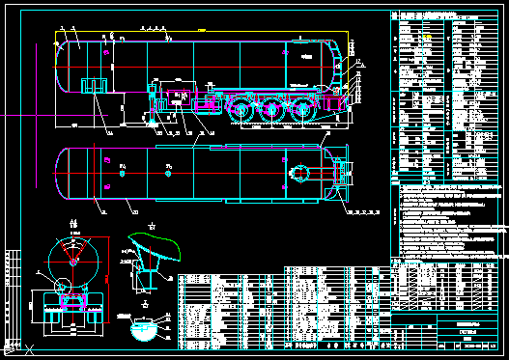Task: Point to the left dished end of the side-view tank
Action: [x=62, y=66]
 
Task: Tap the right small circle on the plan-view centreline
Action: [x=168, y=175]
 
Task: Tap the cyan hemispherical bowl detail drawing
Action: [x=144, y=332]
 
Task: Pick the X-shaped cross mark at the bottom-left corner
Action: [x=31, y=349]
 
